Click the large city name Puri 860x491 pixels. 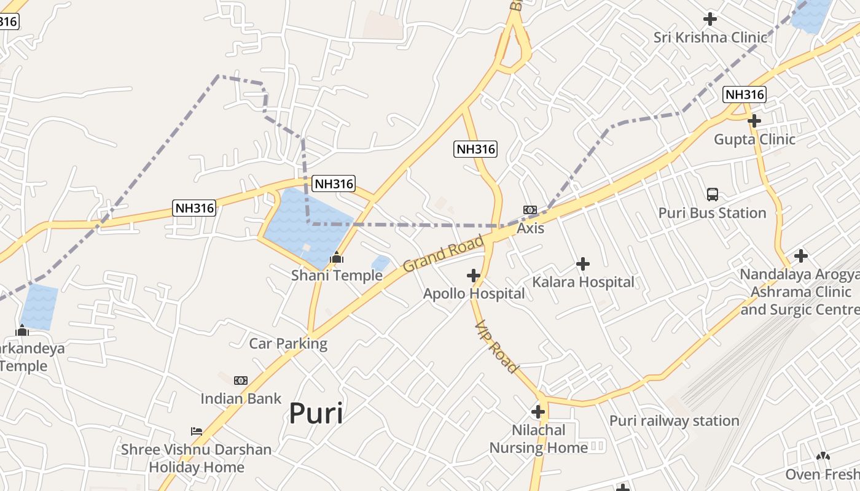(x=316, y=413)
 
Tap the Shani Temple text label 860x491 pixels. (x=337, y=276)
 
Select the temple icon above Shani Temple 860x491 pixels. (x=337, y=258)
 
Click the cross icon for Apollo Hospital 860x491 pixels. (x=473, y=276)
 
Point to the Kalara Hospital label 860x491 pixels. (x=583, y=282)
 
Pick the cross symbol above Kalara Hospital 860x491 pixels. (x=583, y=264)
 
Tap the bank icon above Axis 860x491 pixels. (x=530, y=210)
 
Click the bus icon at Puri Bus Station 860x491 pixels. (x=713, y=195)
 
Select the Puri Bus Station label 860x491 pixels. (x=713, y=213)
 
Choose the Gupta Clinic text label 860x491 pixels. (x=754, y=139)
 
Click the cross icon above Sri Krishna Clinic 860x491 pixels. (x=710, y=19)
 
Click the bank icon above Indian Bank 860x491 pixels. (x=241, y=381)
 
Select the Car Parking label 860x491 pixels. (x=288, y=343)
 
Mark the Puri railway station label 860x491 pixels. (x=674, y=421)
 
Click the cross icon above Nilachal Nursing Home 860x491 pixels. (x=538, y=411)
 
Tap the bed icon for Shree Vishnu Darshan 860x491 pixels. (x=197, y=431)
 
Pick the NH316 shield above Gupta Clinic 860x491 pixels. (x=745, y=95)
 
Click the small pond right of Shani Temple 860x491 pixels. (x=381, y=263)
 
